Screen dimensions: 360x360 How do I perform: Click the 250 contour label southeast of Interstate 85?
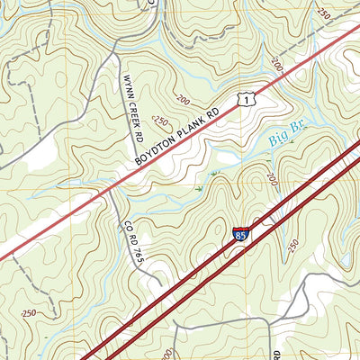292,244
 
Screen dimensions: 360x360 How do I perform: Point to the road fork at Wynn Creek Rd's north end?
115,54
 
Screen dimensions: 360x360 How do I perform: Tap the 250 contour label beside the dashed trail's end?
324,13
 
